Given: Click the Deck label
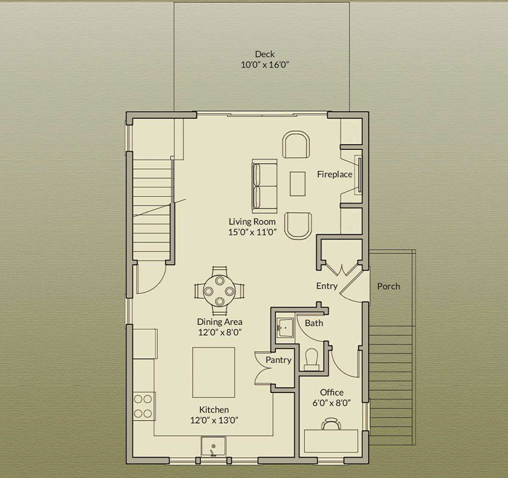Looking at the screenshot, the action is click(x=265, y=54).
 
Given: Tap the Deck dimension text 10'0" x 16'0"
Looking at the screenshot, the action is click(x=265, y=65).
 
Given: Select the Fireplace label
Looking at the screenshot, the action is click(x=335, y=174).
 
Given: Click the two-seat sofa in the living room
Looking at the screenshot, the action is click(x=265, y=186).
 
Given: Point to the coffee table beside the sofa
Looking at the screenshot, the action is click(x=298, y=184).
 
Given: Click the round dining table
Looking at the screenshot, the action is click(x=220, y=291).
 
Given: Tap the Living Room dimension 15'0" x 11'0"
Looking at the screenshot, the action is click(x=252, y=232).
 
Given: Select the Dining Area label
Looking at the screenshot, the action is click(x=220, y=322).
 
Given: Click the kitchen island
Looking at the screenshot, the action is click(x=214, y=372).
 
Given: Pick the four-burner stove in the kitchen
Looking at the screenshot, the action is click(x=144, y=406).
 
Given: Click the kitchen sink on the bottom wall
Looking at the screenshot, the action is click(x=213, y=446).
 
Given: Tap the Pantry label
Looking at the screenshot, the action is click(x=279, y=360).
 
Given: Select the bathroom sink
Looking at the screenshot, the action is click(x=285, y=328).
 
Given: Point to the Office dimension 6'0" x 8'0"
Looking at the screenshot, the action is click(x=332, y=403).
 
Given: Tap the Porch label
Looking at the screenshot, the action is click(x=388, y=287).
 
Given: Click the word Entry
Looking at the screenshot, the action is click(x=327, y=286).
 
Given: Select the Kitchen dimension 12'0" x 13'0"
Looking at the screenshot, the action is click(x=214, y=421).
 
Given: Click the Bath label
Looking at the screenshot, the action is click(x=314, y=323).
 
